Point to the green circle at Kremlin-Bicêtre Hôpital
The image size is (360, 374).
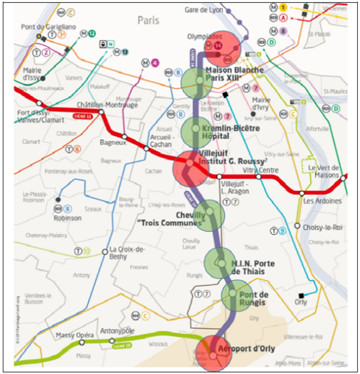[196, 132]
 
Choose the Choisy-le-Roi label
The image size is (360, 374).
[324, 226]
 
